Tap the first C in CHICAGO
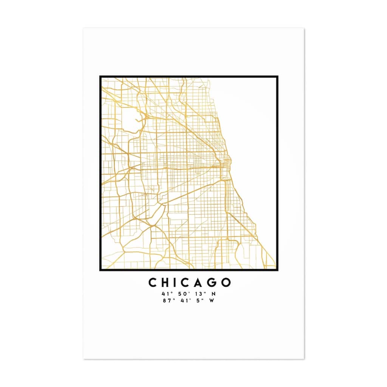click(x=153, y=283)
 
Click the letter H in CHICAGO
click(x=166, y=283)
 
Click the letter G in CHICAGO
click(x=213, y=283)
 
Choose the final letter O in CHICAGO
click(x=226, y=283)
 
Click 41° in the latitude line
click(x=165, y=294)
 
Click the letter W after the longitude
click(x=211, y=301)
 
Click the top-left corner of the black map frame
click(x=100, y=77)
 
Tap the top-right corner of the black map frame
click(x=277, y=77)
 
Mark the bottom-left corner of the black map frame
click(x=100, y=270)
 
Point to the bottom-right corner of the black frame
click(x=277, y=270)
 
